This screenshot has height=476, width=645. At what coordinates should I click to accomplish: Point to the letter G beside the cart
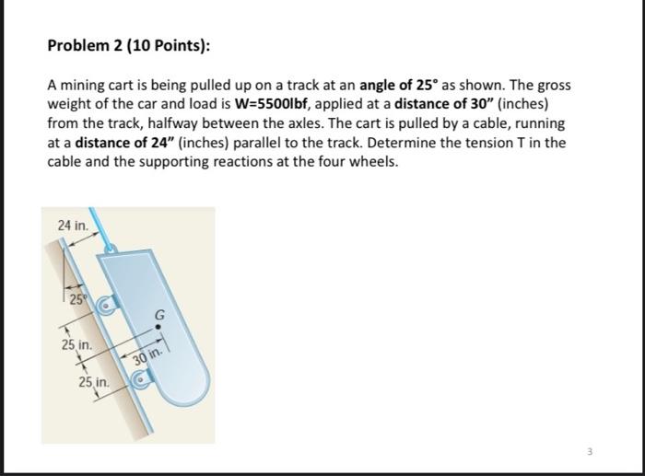point(160,313)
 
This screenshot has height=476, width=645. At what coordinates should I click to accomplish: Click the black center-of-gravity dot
point(159,326)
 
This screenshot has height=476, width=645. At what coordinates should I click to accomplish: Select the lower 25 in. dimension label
point(94,380)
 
